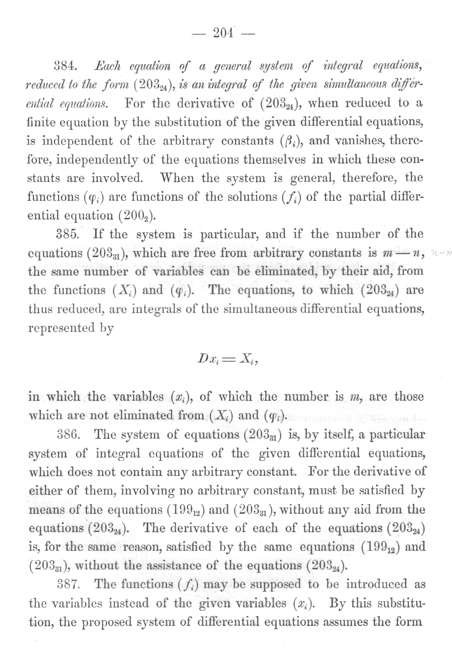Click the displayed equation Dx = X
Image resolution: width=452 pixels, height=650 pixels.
[x=228, y=360]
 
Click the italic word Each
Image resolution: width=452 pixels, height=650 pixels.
[x=108, y=66]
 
